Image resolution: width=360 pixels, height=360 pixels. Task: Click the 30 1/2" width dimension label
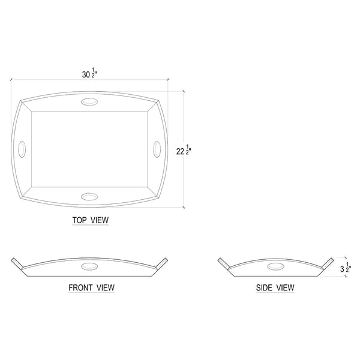coord(90,73)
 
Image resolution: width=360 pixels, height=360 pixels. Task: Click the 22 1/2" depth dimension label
coord(184,150)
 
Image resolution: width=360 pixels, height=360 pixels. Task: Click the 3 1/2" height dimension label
coord(346,267)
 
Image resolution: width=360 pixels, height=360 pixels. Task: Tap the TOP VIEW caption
coord(91,220)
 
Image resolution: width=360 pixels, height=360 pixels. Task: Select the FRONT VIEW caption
coord(91,287)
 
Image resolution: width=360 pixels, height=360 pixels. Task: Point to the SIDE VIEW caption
coord(275,287)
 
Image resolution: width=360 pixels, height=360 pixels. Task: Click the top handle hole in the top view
coord(89,102)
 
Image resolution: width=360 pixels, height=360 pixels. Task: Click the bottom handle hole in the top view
coord(89,197)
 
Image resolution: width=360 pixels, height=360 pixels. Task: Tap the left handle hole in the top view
coord(22,149)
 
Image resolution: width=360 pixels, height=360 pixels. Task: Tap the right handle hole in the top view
coord(157,149)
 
